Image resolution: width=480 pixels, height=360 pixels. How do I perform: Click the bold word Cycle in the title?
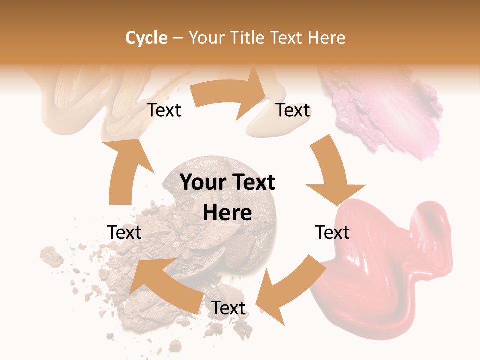(x=146, y=38)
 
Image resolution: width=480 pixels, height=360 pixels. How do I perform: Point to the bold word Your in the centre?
(x=202, y=183)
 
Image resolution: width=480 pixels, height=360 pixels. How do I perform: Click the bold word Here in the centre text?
(x=227, y=213)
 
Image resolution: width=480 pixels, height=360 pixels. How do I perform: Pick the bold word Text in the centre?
(x=253, y=183)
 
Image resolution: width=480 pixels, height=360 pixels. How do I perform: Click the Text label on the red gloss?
(x=332, y=233)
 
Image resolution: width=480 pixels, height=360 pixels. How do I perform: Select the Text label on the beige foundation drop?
(x=293, y=110)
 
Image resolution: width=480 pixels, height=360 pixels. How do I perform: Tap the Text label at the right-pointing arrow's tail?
(x=164, y=110)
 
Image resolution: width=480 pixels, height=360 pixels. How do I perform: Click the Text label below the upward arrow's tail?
(x=125, y=233)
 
